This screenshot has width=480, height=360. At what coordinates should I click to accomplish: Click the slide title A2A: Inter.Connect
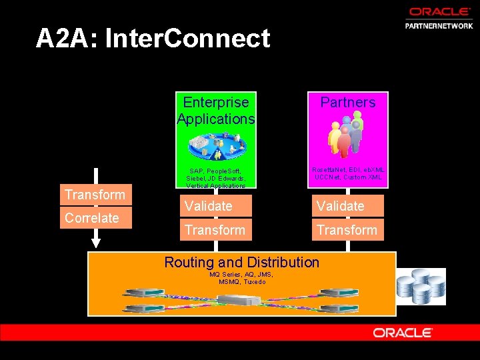point(153,39)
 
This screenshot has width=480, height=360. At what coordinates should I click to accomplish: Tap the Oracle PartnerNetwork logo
point(438,18)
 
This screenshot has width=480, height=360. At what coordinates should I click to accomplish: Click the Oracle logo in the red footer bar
point(403,332)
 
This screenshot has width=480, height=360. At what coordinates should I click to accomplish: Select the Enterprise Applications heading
point(215,111)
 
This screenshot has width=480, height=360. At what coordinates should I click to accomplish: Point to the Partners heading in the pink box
point(347,103)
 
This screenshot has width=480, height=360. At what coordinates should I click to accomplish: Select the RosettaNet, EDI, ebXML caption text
point(347,174)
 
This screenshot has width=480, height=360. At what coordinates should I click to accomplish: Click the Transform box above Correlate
point(95,195)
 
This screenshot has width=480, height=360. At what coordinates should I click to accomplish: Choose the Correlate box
point(95,218)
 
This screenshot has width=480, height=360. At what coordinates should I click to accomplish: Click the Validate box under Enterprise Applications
point(215,206)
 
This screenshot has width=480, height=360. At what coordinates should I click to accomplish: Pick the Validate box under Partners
point(347,206)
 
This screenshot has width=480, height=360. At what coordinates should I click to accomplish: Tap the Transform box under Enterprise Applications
point(215,230)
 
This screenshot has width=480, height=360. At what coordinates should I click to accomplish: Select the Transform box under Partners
point(347,230)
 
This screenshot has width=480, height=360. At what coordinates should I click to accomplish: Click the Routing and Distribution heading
point(241,262)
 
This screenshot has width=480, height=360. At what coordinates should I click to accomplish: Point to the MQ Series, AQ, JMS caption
point(241,278)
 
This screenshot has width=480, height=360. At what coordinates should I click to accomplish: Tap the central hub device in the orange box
point(241,300)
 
